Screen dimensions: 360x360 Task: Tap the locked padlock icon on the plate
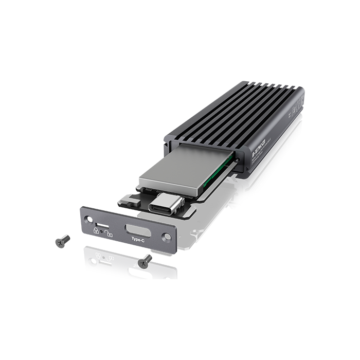coord(96,231)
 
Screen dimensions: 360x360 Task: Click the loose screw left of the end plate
coord(62,240)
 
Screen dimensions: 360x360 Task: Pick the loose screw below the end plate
coord(145,261)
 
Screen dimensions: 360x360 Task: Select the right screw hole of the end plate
coord(166,237)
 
